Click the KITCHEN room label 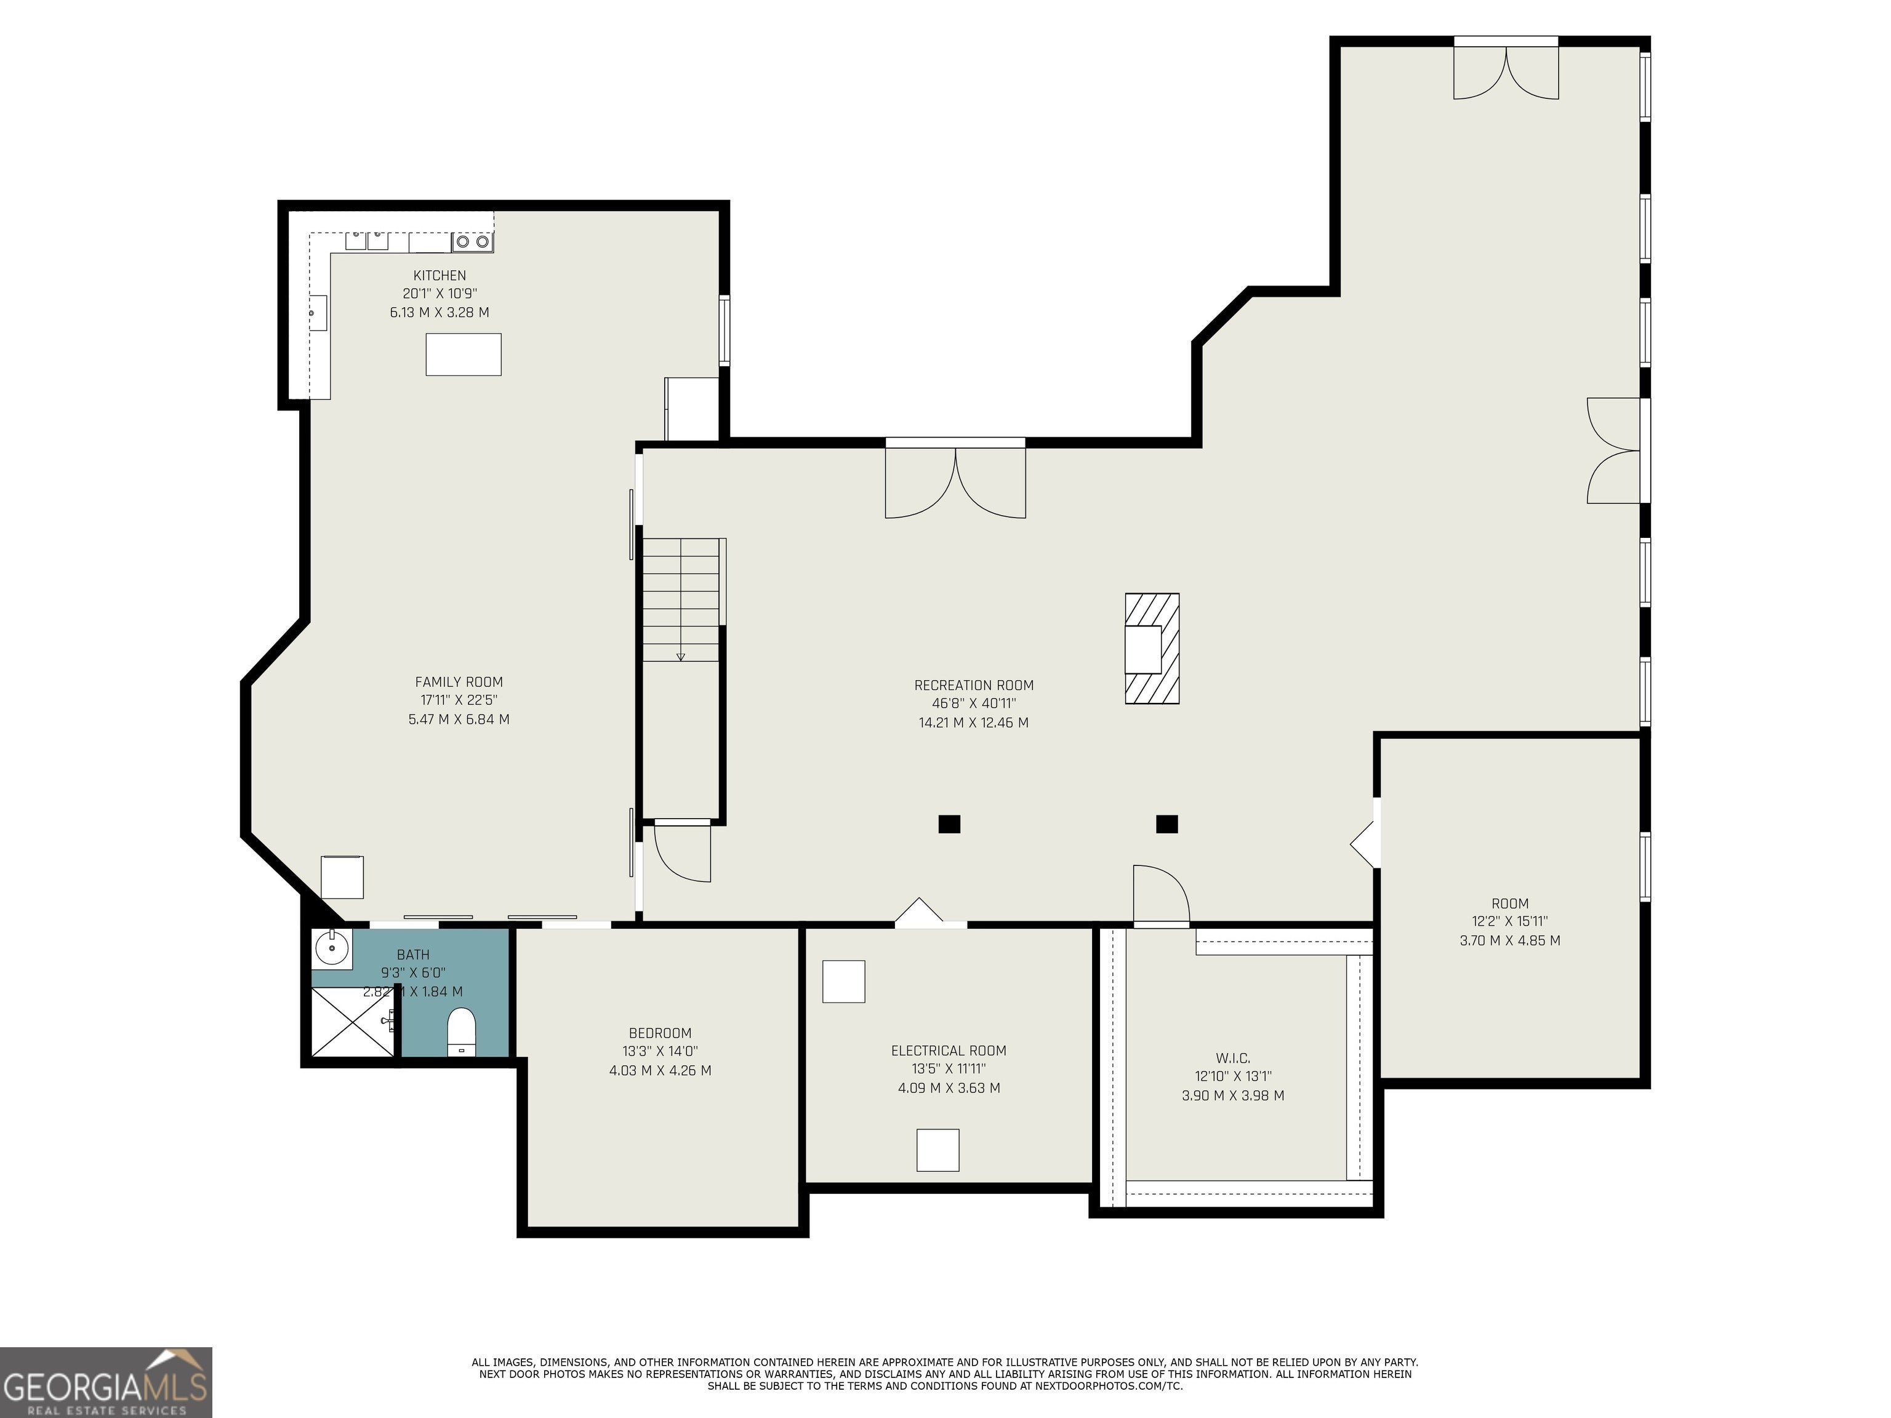440,275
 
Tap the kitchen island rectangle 464,354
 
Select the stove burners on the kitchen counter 473,242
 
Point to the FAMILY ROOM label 459,682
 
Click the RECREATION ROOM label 974,686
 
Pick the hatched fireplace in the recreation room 1152,649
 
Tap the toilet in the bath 461,1031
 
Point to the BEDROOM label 660,1033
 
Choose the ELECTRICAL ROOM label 949,1051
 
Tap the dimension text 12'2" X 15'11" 1510,921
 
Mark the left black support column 949,824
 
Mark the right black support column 1167,824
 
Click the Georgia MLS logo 106,1382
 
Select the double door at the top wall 1506,68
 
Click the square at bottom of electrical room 938,1150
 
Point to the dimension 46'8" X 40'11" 974,704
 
